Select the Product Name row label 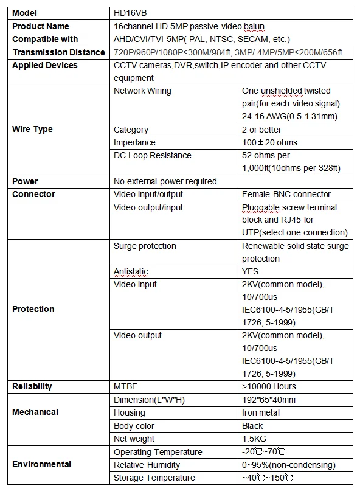point(41,26)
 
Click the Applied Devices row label point(45,65)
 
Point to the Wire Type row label point(32,129)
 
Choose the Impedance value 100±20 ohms point(270,142)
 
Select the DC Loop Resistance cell point(152,155)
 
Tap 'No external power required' point(165,181)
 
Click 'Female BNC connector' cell point(286,194)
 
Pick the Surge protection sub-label point(145,246)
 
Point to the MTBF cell point(125,386)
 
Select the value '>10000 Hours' point(269,386)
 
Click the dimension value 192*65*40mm point(269,400)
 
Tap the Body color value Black point(252,426)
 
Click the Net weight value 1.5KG point(254,439)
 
